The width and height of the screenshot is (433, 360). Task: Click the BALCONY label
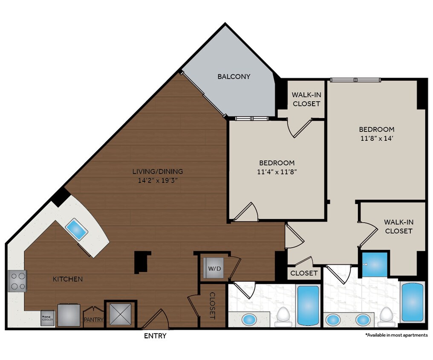(x=234, y=77)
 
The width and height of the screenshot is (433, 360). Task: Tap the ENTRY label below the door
(x=155, y=336)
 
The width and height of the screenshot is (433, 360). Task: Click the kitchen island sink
(x=77, y=229)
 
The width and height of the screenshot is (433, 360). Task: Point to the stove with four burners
(x=17, y=281)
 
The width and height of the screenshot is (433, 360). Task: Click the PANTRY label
(x=93, y=319)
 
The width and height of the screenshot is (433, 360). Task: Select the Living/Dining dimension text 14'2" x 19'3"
(x=157, y=180)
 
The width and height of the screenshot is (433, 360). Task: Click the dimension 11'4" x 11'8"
(x=277, y=172)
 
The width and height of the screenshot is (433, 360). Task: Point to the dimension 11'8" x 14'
(x=376, y=138)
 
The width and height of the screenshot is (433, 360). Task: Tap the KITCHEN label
(x=67, y=279)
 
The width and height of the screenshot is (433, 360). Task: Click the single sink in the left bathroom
(x=249, y=319)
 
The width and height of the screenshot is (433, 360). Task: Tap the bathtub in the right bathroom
(x=412, y=302)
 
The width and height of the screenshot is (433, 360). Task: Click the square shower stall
(x=375, y=264)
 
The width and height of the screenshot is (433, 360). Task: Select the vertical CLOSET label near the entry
(x=212, y=305)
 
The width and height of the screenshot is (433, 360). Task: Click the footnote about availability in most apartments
(x=396, y=335)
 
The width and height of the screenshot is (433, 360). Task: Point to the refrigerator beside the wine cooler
(x=69, y=315)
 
